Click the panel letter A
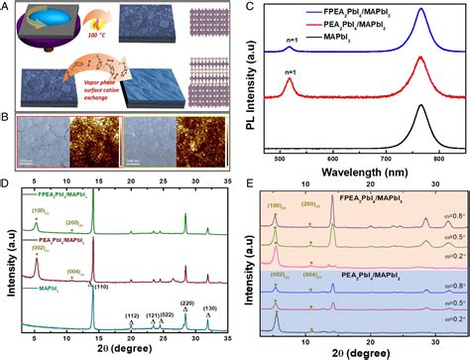[7, 7]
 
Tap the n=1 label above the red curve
[289, 72]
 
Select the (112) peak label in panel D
[131, 316]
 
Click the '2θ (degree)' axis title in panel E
[360, 350]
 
